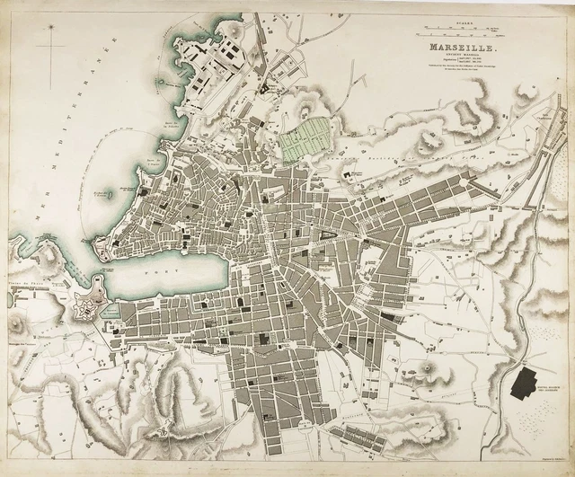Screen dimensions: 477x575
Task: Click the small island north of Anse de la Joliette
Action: [159, 83]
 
